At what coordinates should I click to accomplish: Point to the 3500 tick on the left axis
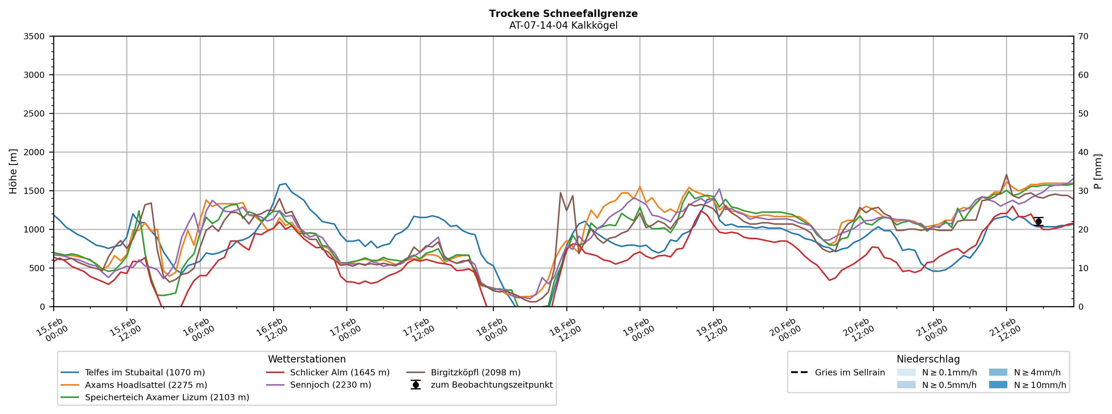[x=34, y=36]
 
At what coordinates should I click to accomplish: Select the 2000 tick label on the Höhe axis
[x=34, y=152]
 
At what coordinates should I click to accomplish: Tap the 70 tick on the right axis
[x=1083, y=36]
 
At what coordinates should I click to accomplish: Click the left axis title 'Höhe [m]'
[x=13, y=172]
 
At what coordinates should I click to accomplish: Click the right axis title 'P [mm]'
[x=1098, y=172]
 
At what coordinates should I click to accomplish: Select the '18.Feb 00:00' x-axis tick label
[x=492, y=330]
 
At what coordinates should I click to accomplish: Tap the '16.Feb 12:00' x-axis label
[x=272, y=330]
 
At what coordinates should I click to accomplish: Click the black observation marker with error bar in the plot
[x=1038, y=221]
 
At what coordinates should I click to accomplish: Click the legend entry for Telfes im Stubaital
[x=145, y=372]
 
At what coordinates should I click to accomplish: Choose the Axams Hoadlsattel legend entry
[x=146, y=385]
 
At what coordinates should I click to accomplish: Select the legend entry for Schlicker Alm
[x=339, y=372]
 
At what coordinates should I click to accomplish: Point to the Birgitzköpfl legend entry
[x=475, y=372]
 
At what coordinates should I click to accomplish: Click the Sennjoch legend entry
[x=330, y=385]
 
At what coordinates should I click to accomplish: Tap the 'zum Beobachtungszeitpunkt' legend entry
[x=491, y=385]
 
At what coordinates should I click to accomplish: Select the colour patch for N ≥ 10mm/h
[x=998, y=385]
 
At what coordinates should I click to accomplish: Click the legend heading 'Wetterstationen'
[x=307, y=359]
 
